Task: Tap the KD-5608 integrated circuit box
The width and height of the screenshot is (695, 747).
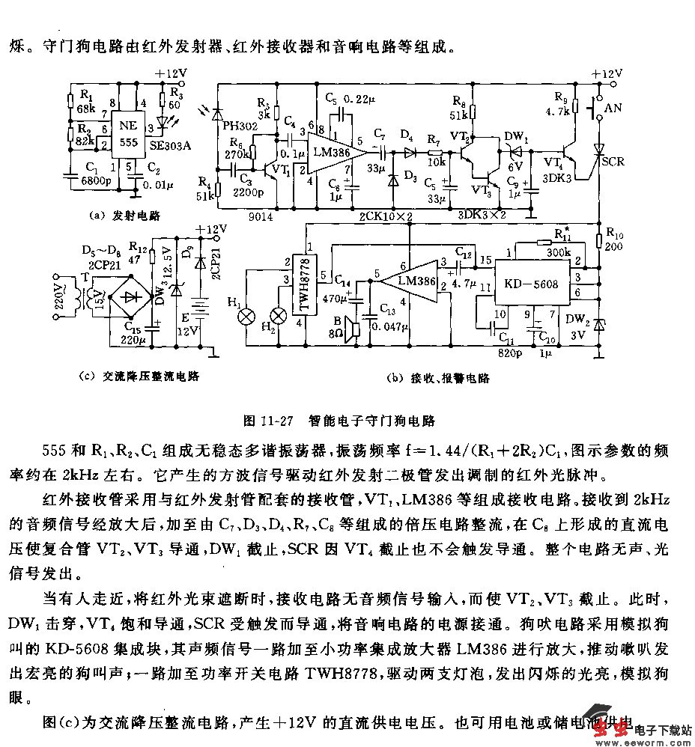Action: coord(532,286)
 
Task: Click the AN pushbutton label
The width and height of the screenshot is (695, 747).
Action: coord(613,108)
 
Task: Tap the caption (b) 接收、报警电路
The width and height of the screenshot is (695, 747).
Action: coord(439,378)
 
